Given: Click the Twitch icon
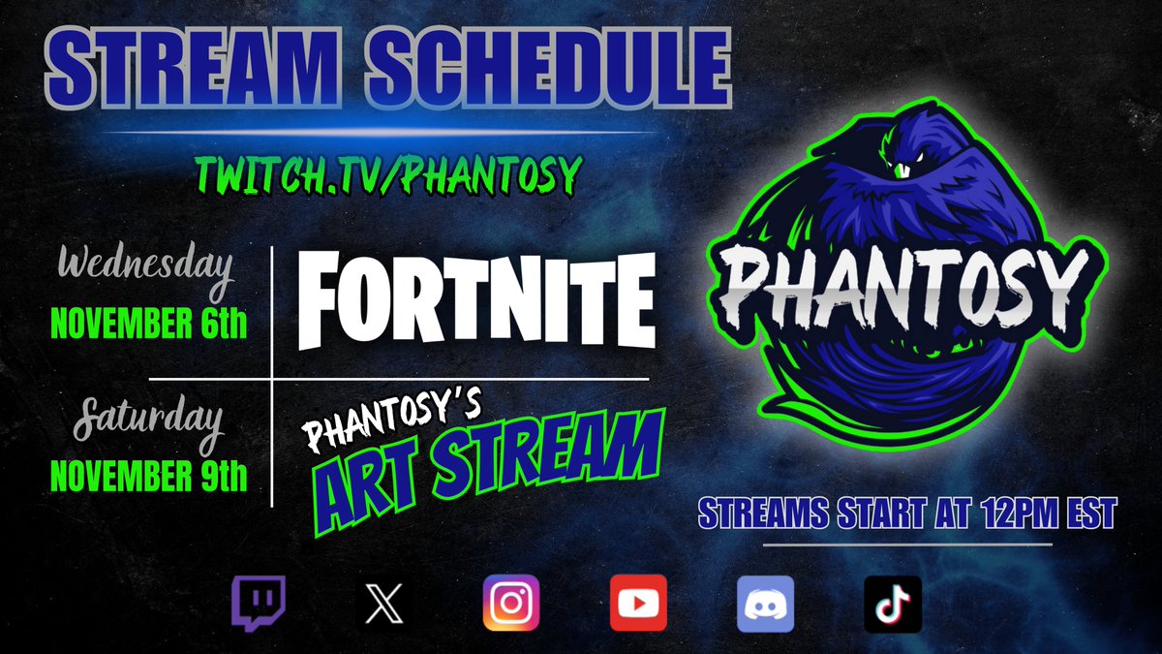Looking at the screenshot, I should pos(259,604).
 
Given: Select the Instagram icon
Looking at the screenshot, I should pos(510,604).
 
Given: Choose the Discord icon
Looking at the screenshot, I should pos(765,604).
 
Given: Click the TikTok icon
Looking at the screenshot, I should pos(892,604).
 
